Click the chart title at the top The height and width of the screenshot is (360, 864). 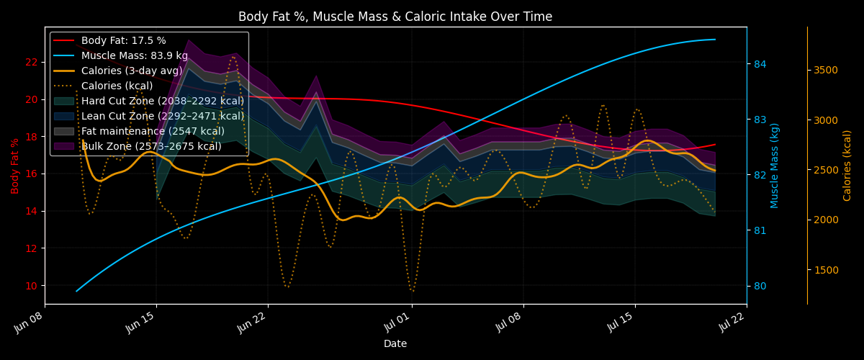395,17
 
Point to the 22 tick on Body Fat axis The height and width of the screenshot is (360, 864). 32,62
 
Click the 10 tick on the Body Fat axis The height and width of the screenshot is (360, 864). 32,286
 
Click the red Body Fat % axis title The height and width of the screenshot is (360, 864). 14,166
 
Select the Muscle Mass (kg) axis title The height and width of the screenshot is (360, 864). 775,166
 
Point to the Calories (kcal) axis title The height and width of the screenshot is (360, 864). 847,166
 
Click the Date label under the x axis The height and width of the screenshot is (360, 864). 395,343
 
